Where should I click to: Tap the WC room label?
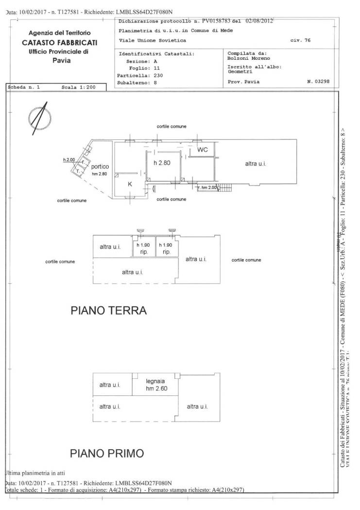coord(202,150)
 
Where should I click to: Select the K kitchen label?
coord(130,184)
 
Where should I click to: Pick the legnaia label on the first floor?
coord(155,381)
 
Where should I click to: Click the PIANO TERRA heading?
coord(108,310)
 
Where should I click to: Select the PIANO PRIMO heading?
coord(107,454)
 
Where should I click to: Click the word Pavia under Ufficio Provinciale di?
coord(62,61)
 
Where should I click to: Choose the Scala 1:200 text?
coord(80,88)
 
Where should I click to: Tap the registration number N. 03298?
coord(318,82)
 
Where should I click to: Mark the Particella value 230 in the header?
coord(158,75)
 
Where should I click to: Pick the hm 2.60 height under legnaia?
coord(155,389)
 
